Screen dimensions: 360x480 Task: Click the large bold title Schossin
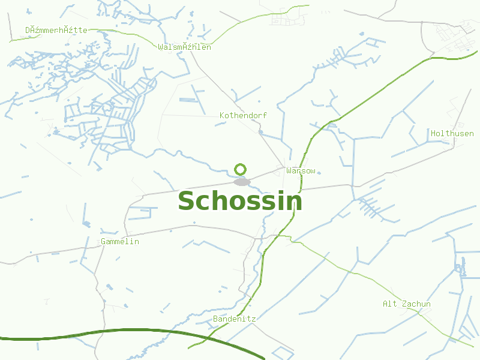tap(240, 201)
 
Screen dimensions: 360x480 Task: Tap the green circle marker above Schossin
tap(240, 169)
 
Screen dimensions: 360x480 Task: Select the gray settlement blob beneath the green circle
tap(241, 182)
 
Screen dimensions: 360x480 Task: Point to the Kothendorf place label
tap(243, 115)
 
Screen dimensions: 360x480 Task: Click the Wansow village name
tap(301, 171)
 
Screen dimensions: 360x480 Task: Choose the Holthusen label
tap(452, 133)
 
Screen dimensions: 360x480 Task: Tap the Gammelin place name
tap(120, 242)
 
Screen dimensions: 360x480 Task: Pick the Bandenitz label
tap(234, 319)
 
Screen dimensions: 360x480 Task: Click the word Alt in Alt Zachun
tap(390, 304)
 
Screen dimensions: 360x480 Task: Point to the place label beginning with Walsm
tap(184, 47)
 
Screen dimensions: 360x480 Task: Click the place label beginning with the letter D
tap(56, 30)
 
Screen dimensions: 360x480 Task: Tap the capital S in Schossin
tap(187, 201)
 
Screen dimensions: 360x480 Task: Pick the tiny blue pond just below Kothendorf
tap(260, 131)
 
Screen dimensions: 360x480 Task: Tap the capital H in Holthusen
tap(433, 133)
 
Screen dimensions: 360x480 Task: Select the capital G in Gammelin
tap(104, 242)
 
